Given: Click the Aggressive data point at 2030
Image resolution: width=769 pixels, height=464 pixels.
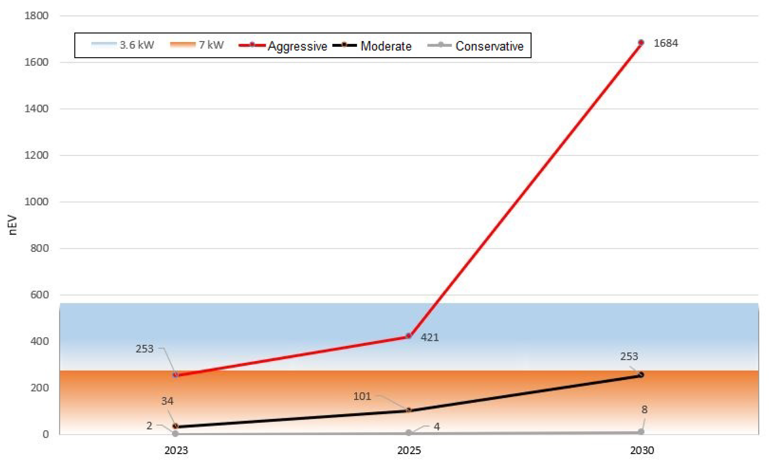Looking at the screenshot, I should click(x=641, y=43).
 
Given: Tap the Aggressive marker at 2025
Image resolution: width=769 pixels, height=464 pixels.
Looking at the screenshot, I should click(x=409, y=336).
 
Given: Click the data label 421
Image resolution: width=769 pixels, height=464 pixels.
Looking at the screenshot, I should click(x=430, y=337).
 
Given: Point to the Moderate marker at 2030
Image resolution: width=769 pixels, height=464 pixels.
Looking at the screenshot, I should click(x=641, y=375).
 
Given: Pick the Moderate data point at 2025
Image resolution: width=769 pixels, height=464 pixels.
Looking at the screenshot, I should click(x=409, y=410).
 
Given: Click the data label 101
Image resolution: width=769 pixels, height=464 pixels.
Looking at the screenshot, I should click(x=362, y=396).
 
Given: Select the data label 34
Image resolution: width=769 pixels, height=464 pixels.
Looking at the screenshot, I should click(x=167, y=401).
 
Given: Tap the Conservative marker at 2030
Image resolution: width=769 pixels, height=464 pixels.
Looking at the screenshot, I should click(x=641, y=432).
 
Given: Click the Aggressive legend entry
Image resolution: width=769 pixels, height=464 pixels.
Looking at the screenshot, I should click(x=283, y=46).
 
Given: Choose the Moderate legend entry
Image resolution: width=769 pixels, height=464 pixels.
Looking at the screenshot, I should click(x=372, y=46).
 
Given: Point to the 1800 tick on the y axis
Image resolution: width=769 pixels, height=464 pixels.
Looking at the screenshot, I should click(x=36, y=16).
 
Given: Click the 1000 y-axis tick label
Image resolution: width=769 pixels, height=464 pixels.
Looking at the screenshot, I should click(x=36, y=202).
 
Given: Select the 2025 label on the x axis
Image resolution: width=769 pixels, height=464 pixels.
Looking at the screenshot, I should click(x=409, y=450).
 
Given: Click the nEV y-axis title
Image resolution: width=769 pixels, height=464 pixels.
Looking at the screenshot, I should click(x=12, y=225).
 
